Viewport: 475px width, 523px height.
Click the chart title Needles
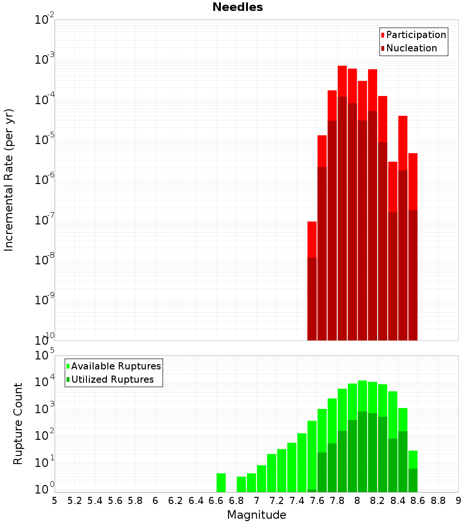[x=237, y=7]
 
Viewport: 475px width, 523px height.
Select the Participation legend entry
[x=413, y=35]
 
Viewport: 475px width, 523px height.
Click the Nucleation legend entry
[x=408, y=48]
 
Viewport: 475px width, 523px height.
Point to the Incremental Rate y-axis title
[x=9, y=180]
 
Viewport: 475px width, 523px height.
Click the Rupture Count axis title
[x=18, y=424]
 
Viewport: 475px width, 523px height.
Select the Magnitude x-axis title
[x=256, y=515]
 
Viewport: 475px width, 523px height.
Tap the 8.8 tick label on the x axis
[x=438, y=501]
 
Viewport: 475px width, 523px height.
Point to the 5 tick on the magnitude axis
[x=55, y=501]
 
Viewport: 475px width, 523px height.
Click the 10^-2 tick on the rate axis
[x=44, y=20]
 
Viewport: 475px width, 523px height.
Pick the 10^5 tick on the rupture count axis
[x=44, y=356]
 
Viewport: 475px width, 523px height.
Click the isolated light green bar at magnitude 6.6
[x=221, y=483]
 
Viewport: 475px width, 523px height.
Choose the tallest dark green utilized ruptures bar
[x=362, y=452]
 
